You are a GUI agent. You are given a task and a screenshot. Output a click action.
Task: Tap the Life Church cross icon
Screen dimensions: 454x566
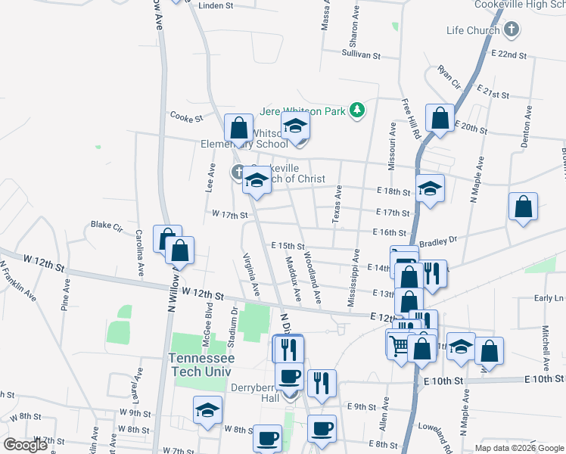512,30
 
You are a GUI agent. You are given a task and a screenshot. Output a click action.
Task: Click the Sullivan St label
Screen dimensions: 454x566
360,54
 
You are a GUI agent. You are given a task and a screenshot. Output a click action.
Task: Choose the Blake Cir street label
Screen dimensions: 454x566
107,225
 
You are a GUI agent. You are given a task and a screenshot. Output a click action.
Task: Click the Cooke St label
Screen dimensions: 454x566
187,118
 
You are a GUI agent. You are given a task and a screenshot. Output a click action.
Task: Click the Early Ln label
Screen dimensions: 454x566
549,298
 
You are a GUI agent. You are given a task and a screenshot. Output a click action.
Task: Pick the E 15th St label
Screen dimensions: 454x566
288,246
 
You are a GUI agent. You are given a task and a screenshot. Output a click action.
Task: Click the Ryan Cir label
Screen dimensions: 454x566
449,77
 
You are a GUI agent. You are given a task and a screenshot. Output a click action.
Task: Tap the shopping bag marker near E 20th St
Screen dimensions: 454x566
439,119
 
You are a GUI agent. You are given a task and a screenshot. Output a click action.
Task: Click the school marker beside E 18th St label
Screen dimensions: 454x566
430,188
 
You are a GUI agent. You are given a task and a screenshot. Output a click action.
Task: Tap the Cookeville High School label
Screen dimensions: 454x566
521,5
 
